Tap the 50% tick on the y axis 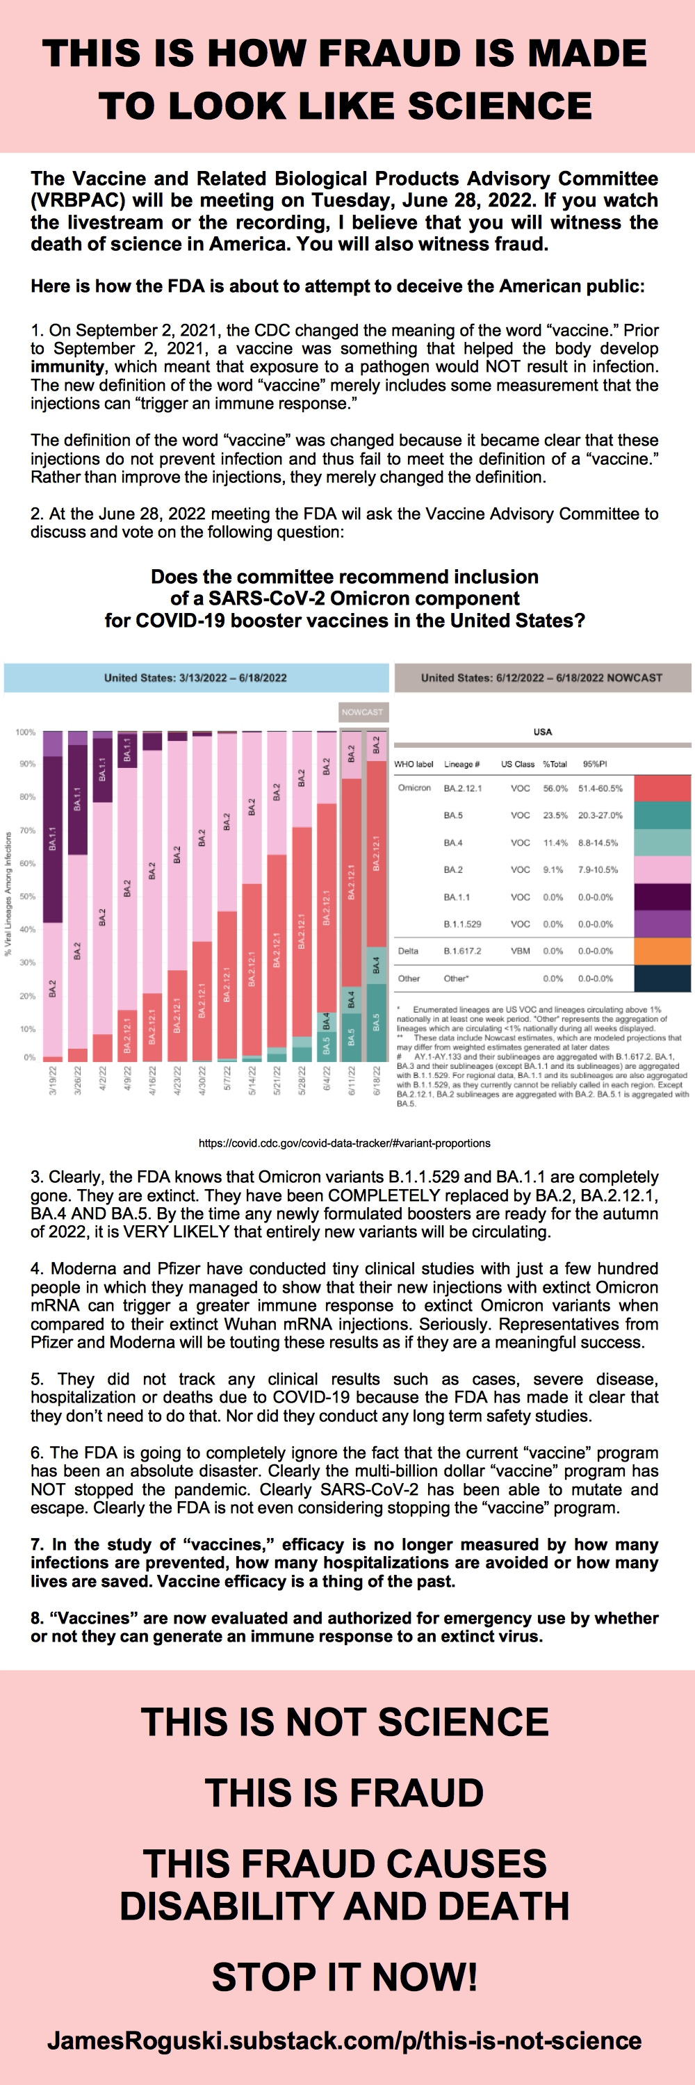coord(28,896)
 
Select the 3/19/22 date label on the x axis coord(53,1081)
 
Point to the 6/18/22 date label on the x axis coord(377,1081)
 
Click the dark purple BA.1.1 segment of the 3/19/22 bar coord(53,839)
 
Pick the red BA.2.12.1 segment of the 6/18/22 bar coord(377,854)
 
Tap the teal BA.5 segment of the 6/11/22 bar coord(352,1037)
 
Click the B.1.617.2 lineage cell coord(462,951)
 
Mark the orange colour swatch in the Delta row coord(662,951)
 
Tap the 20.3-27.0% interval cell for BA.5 coord(600,815)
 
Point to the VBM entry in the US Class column coord(521,951)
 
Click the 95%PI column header coord(595,763)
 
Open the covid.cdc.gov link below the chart coord(345,1143)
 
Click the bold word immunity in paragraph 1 coord(67,367)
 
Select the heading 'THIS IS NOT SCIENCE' coord(345,1722)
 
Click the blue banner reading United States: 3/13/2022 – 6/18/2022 coord(196,678)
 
